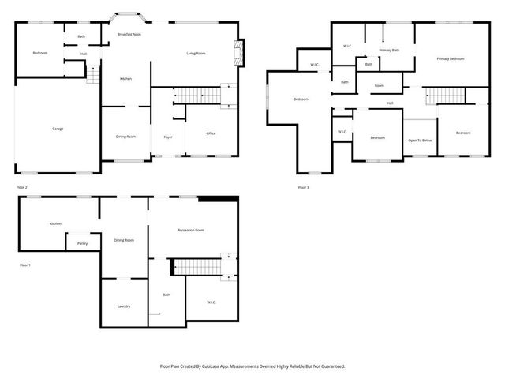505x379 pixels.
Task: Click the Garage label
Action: (x=58, y=129)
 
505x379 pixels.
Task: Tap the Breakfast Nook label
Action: (x=129, y=35)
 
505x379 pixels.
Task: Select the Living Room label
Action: (x=196, y=53)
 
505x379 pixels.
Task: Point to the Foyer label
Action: (x=168, y=137)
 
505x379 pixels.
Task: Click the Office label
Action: (x=211, y=133)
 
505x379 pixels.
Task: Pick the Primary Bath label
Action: (x=389, y=51)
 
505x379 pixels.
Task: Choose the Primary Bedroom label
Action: (x=451, y=59)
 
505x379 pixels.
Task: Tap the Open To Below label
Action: (x=419, y=140)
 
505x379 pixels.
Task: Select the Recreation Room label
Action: (x=190, y=230)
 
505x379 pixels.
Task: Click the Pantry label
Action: (x=82, y=243)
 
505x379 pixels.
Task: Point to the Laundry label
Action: (x=124, y=306)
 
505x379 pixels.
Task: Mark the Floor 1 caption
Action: (x=24, y=265)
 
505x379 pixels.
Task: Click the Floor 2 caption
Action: (x=21, y=187)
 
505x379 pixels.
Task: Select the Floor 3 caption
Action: (x=303, y=187)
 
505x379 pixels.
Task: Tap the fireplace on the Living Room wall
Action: (x=238, y=54)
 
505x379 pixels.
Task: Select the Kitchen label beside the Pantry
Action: (x=55, y=223)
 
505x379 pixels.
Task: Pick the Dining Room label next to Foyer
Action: (x=126, y=137)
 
